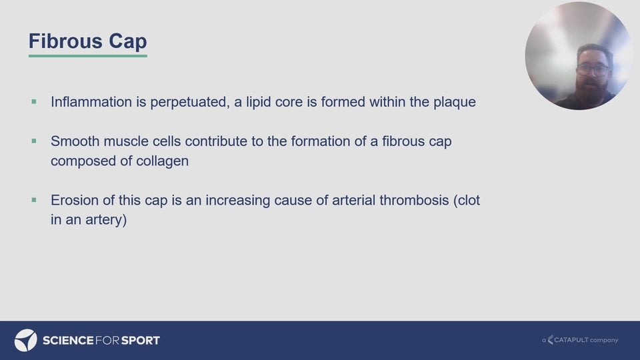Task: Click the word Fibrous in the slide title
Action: (x=65, y=41)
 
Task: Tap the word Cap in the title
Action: (x=127, y=42)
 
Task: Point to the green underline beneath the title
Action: (x=88, y=55)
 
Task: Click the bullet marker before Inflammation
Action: (x=34, y=101)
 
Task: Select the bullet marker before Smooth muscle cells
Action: (x=34, y=141)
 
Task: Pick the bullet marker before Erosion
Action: (x=34, y=200)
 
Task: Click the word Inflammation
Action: (x=91, y=101)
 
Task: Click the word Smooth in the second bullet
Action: (x=75, y=141)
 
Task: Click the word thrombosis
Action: (x=414, y=200)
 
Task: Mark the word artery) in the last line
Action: (x=106, y=220)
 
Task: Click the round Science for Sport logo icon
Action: (x=26, y=340)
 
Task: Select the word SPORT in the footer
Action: (x=141, y=341)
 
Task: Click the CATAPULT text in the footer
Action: (x=571, y=339)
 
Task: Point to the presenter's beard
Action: (x=592, y=86)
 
